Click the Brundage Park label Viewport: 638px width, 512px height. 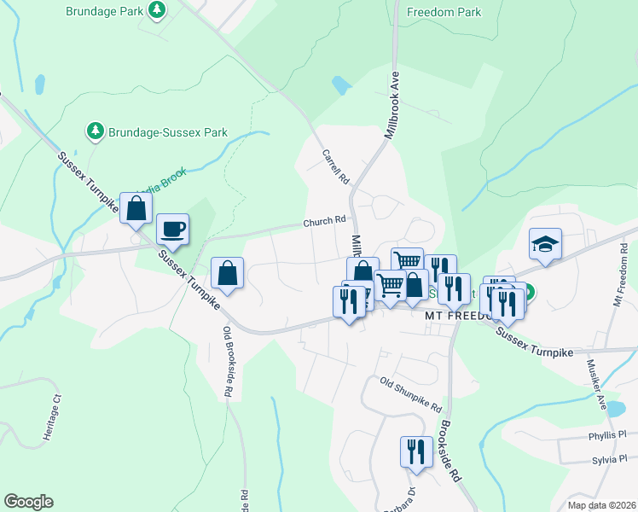[104, 11]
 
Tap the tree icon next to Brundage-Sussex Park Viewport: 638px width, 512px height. [95, 131]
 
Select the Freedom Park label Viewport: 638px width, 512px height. [444, 12]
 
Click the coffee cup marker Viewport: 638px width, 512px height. [172, 229]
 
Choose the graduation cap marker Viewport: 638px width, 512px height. [545, 244]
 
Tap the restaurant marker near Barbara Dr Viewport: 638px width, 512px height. [415, 451]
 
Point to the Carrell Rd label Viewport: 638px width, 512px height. [336, 168]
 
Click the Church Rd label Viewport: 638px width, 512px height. [324, 222]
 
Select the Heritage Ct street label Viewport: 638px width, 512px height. [53, 417]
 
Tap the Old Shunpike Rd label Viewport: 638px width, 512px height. [410, 393]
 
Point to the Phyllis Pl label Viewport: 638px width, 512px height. [606, 434]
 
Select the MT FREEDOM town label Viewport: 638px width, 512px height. [457, 315]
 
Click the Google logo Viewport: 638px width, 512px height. [28, 501]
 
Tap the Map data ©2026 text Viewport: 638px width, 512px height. [600, 505]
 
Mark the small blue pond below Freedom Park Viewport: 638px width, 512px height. [340, 84]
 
